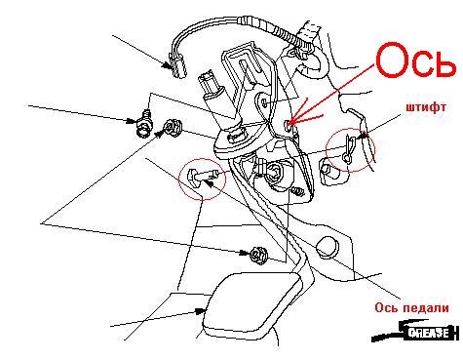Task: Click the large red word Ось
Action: point(415,60)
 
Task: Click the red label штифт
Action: point(426,107)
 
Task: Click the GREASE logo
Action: point(415,332)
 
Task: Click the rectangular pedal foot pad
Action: point(251,302)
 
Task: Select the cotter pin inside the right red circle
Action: point(349,148)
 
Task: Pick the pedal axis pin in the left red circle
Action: point(202,178)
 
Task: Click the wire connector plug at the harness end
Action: point(177,66)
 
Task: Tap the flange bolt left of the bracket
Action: point(144,125)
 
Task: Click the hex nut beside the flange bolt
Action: point(173,128)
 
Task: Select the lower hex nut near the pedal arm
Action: point(258,255)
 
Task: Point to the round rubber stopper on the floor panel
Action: point(328,247)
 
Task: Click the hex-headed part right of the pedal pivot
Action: point(329,171)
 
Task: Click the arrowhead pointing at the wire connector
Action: point(167,65)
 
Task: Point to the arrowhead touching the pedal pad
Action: point(200,311)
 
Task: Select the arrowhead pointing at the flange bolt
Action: point(132,121)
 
